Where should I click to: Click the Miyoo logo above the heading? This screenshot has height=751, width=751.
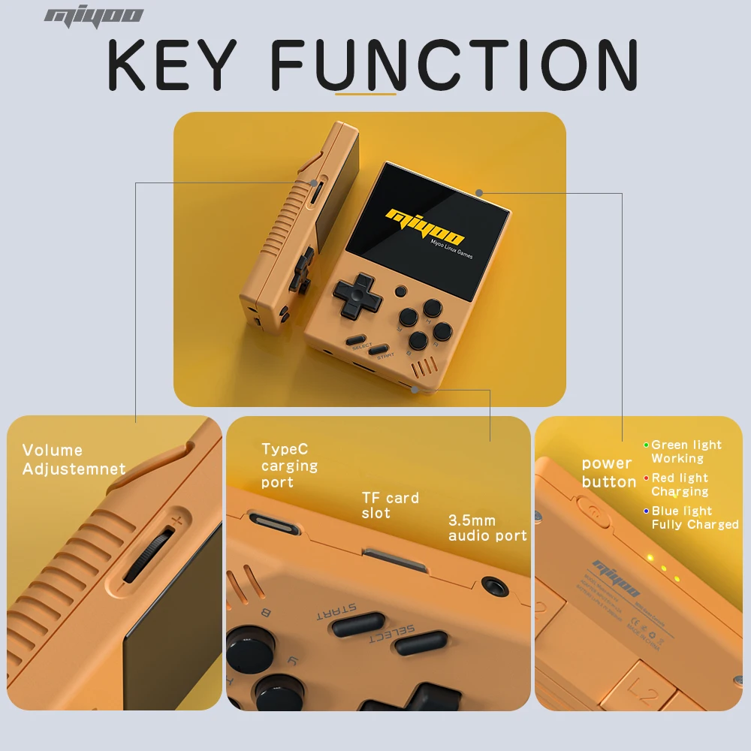tap(94, 17)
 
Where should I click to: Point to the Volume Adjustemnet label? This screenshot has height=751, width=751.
tap(74, 460)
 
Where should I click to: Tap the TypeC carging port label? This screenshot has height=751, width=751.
tap(289, 466)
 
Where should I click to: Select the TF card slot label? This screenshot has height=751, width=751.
tap(390, 505)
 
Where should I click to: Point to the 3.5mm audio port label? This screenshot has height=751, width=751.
tap(487, 528)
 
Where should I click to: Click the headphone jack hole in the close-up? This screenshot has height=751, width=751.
tap(493, 585)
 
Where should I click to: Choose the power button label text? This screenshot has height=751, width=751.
tap(608, 473)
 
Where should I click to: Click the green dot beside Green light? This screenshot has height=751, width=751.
tap(646, 445)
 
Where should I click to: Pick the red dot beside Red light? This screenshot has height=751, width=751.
tap(646, 478)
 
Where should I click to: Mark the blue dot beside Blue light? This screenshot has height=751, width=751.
tap(646, 511)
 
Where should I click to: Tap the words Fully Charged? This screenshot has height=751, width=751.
tap(695, 525)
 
